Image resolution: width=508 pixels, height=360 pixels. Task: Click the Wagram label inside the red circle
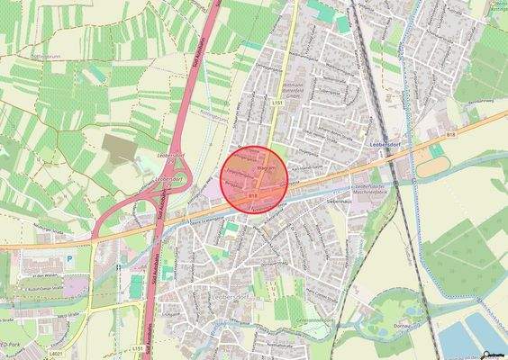[x=265, y=168]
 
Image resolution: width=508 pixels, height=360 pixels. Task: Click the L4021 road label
[x=57, y=355]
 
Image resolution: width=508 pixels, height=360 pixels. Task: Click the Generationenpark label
[x=318, y=320]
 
